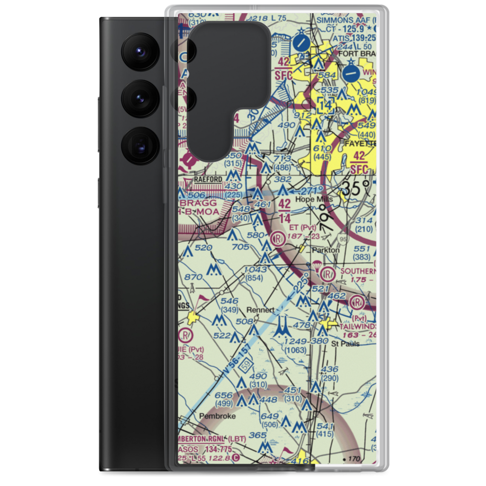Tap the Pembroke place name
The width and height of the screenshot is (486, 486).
(218, 417)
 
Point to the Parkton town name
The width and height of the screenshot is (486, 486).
(326, 250)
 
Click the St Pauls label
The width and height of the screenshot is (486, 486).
(346, 344)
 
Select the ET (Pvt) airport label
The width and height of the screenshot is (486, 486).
(302, 227)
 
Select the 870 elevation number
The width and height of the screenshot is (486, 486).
(193, 277)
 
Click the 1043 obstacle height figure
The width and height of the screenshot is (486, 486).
(255, 270)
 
